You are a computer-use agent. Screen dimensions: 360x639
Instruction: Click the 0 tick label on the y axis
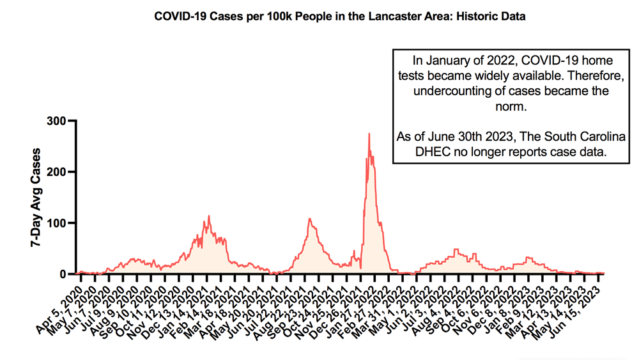coord(62,274)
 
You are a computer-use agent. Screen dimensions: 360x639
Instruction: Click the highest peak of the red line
coord(369,134)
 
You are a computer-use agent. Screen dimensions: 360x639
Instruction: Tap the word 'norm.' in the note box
coord(511,106)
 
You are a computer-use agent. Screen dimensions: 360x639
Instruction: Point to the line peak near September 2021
coord(310,219)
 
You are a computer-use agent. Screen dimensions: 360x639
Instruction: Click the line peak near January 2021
coord(208,217)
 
